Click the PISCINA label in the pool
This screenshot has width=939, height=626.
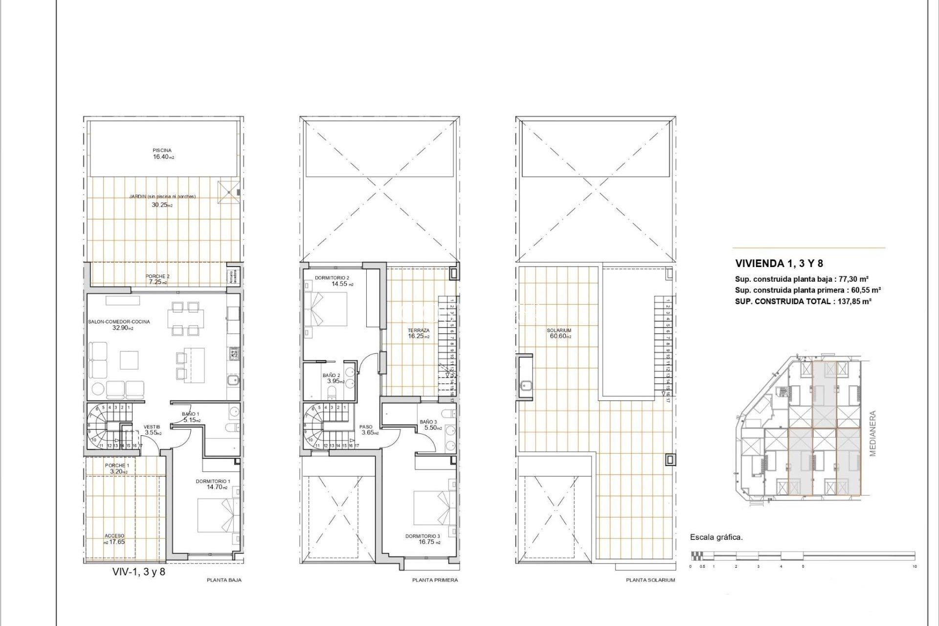point(162,150)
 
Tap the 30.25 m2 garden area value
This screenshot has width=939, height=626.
point(161,205)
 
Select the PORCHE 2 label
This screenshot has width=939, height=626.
point(157,276)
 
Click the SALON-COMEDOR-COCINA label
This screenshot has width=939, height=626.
point(119,322)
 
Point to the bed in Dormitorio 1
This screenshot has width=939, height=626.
point(218,515)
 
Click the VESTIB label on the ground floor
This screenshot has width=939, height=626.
point(152,427)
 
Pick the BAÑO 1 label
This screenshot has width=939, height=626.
point(190,414)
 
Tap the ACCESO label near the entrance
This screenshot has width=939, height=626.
point(114,536)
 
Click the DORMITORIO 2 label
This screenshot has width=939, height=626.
point(332,278)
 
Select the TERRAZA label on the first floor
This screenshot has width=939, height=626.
point(419,331)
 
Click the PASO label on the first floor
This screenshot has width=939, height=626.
point(366,427)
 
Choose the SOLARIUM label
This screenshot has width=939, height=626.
point(559,331)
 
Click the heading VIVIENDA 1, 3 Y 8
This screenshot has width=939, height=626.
point(779,263)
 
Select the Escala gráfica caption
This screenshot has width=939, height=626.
point(716,537)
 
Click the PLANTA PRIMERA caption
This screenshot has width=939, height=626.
point(435,580)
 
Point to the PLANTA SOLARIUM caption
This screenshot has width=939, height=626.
point(650,580)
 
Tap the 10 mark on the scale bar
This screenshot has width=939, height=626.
point(914,566)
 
